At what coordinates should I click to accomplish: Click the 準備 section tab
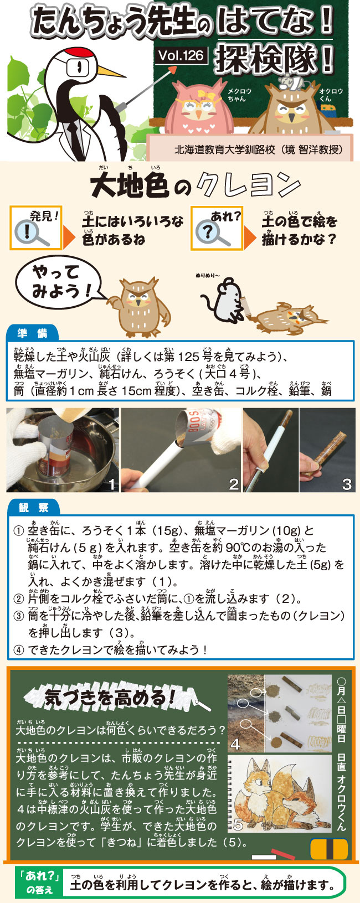pos(33,333)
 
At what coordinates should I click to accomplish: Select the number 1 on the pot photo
pos(112,484)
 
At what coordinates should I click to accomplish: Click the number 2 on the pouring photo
pos(234,484)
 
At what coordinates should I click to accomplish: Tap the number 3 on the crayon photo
pos(347,484)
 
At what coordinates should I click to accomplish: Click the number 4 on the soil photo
pos(236,744)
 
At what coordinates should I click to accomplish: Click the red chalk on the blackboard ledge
pos(283,852)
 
